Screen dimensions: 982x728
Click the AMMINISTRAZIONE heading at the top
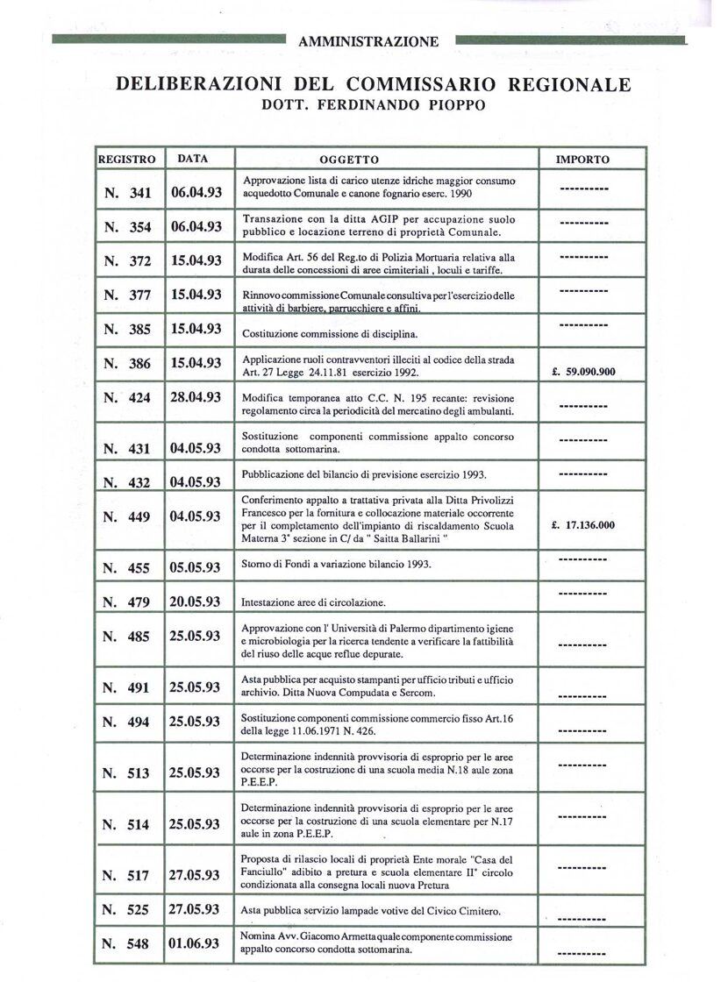coord(369,40)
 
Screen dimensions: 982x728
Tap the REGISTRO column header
coord(127,160)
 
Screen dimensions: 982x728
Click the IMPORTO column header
coord(583,160)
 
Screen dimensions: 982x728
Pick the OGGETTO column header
coord(349,160)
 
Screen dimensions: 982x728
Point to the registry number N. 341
coord(127,192)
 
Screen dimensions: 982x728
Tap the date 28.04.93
coord(196,397)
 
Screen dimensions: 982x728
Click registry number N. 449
coord(127,516)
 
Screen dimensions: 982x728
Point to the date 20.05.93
coord(196,601)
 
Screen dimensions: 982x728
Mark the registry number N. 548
coord(127,943)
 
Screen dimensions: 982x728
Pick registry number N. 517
coord(127,875)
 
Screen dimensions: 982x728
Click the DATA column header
coord(193,159)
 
